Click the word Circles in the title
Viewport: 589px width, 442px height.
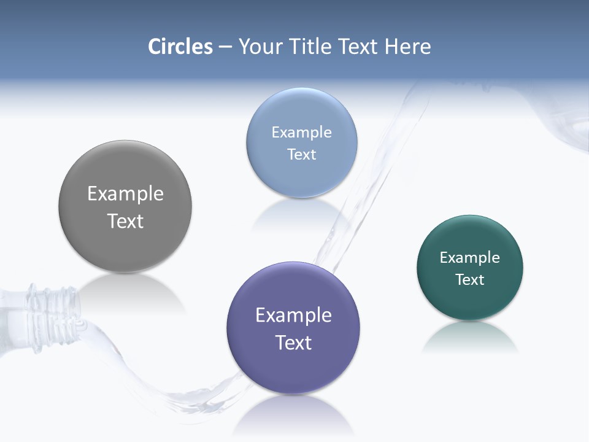180,47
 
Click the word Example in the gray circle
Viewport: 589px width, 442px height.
125,194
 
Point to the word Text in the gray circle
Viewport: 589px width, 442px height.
125,221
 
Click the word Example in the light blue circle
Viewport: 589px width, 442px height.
301,133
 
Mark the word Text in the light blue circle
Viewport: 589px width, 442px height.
301,154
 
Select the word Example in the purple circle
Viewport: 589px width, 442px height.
293,316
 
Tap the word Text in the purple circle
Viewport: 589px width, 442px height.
293,343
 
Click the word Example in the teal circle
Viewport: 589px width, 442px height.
470,258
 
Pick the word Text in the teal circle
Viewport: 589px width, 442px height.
470,280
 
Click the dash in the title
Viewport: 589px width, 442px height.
225,47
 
